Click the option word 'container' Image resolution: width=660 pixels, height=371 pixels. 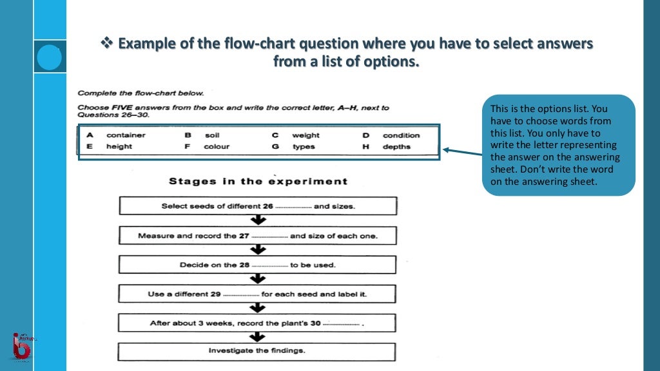click(x=126, y=135)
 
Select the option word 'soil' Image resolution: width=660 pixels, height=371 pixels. click(x=212, y=135)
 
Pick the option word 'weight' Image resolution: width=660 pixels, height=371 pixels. click(x=306, y=135)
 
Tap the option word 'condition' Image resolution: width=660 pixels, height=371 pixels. click(x=401, y=135)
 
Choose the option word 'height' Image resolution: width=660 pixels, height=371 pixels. click(x=119, y=147)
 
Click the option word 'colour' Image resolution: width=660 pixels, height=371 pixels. click(x=217, y=147)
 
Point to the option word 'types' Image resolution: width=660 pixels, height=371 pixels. click(x=304, y=147)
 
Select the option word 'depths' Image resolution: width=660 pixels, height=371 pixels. click(x=396, y=147)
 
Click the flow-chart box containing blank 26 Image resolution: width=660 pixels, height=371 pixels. click(x=258, y=206)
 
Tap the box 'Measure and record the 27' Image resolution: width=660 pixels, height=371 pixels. click(x=258, y=236)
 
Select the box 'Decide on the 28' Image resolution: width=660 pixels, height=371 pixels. click(x=258, y=265)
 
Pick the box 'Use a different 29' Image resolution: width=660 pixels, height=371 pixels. click(x=258, y=294)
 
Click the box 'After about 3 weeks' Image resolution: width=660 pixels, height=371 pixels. click(x=258, y=323)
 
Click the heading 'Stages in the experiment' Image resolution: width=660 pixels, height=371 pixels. click(x=258, y=181)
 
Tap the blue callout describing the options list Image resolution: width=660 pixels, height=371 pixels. click(x=558, y=145)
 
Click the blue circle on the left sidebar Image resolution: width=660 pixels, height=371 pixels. click(x=49, y=57)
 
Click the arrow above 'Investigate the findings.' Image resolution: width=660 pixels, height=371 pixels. click(x=258, y=337)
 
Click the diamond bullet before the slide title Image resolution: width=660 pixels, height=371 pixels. click(x=107, y=44)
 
